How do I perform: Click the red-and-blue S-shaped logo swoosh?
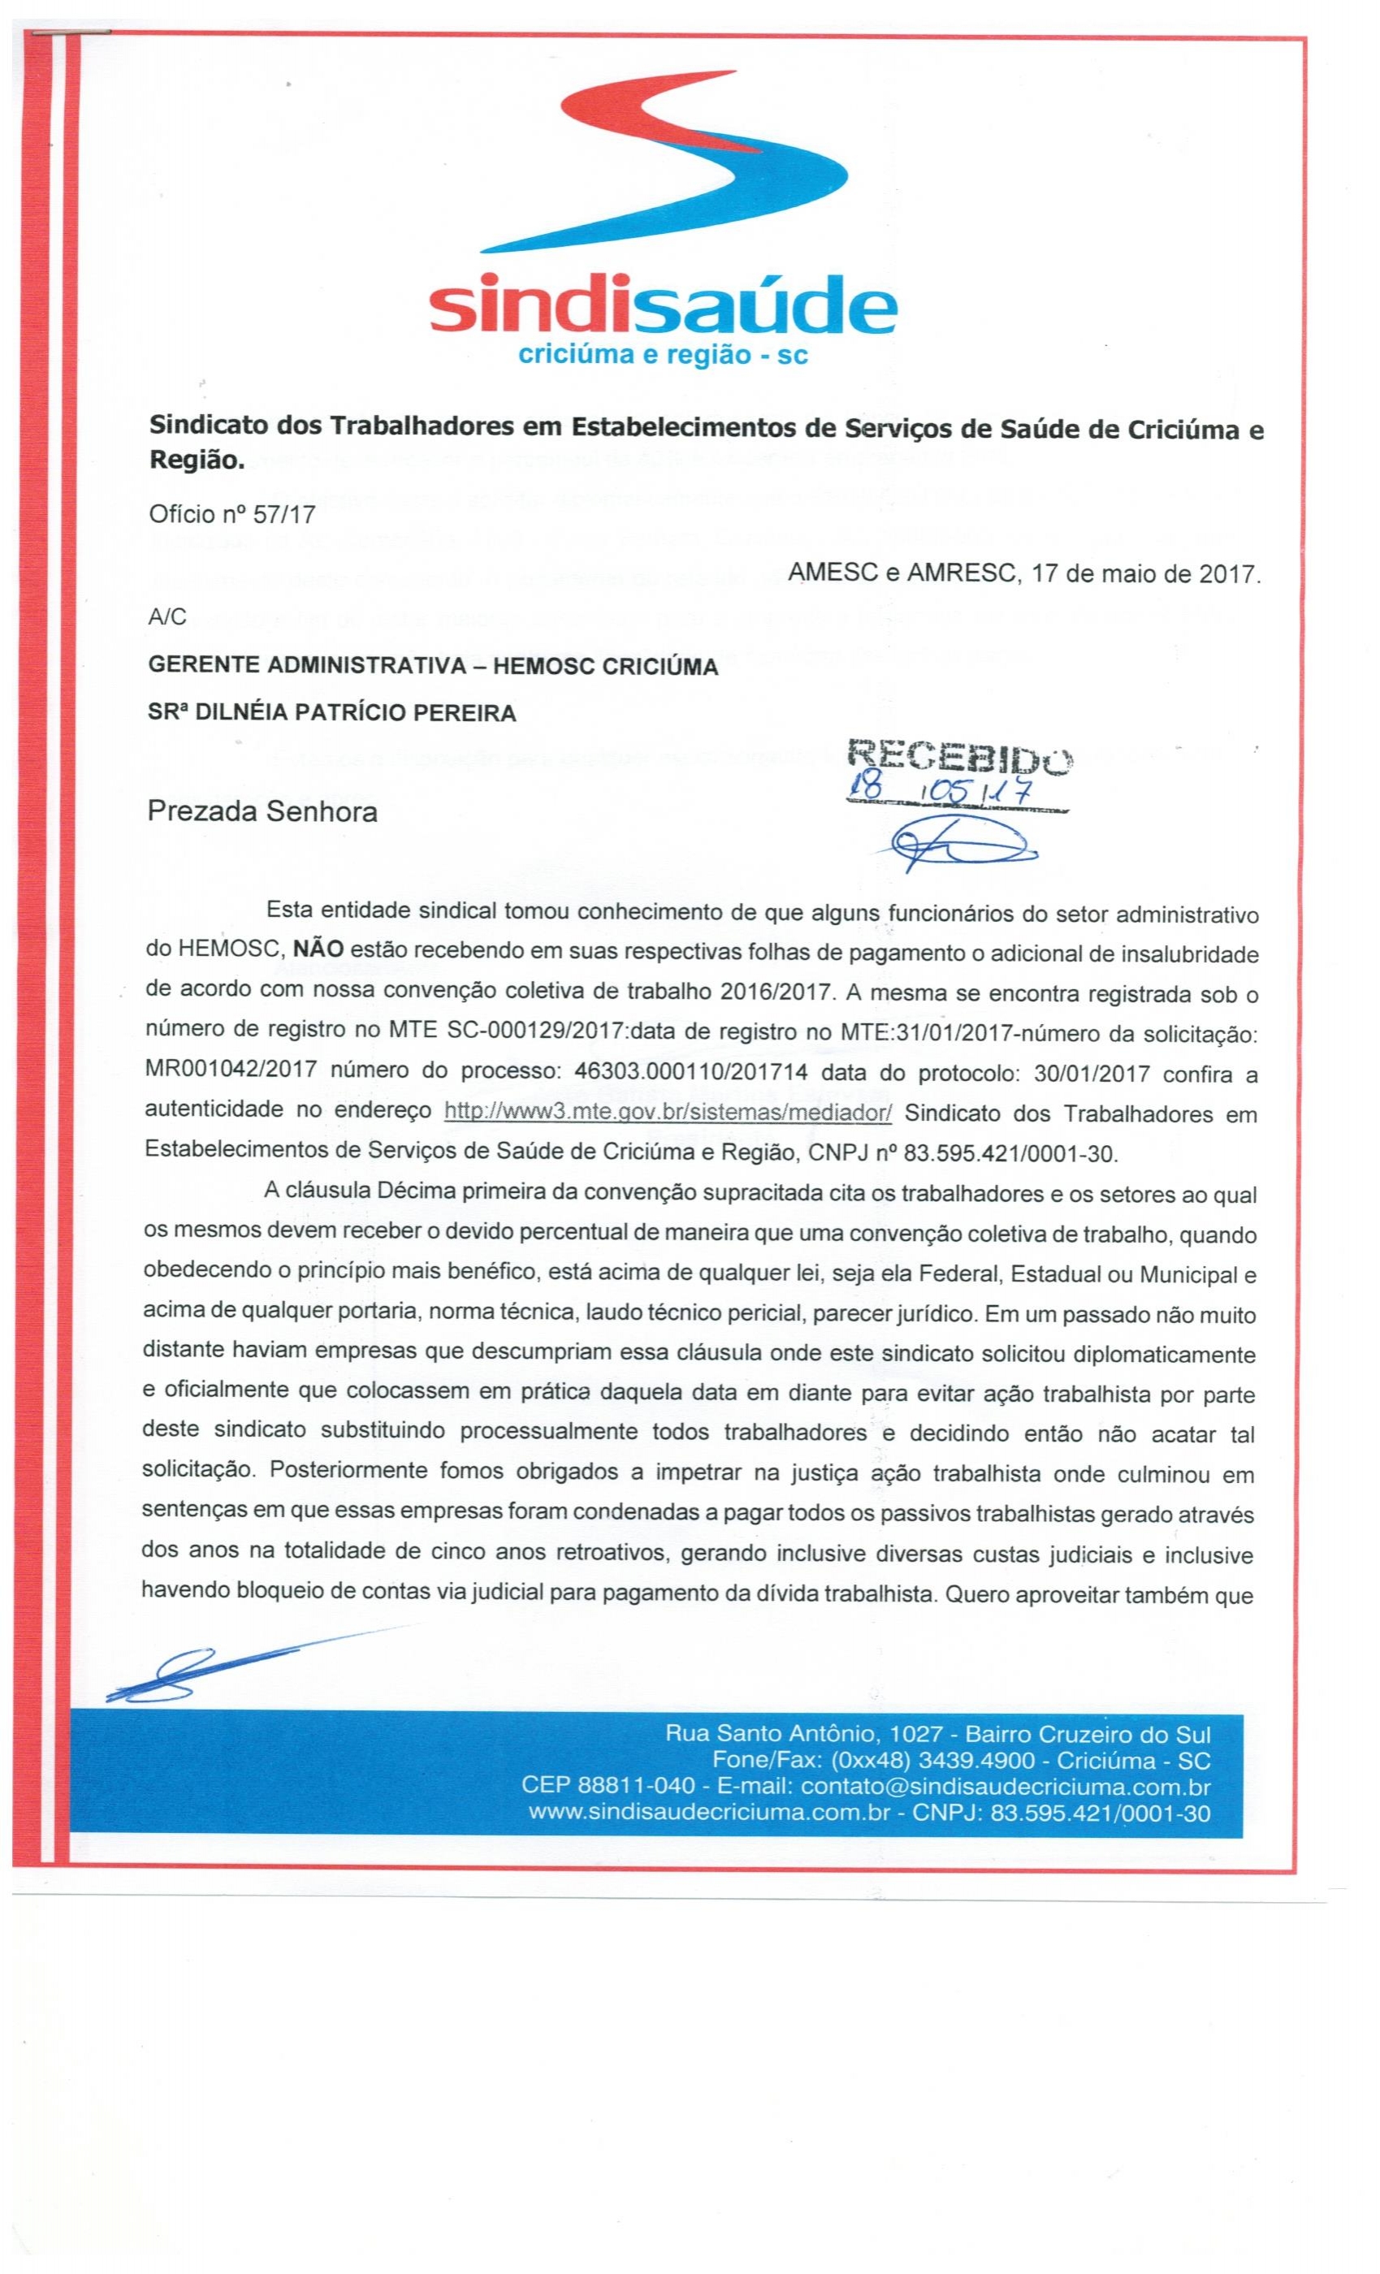[664, 162]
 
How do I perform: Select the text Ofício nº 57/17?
[231, 514]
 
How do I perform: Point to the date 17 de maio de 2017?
[1144, 574]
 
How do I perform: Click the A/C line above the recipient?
[167, 617]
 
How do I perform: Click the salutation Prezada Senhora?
[263, 812]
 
